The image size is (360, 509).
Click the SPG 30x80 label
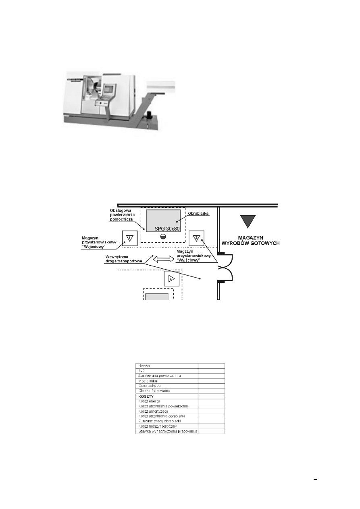click(167, 229)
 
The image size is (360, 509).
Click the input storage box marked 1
click(130, 238)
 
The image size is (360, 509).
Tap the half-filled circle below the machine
click(163, 237)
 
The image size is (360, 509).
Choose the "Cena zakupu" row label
click(149, 386)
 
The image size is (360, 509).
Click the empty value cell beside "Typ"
click(211, 371)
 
